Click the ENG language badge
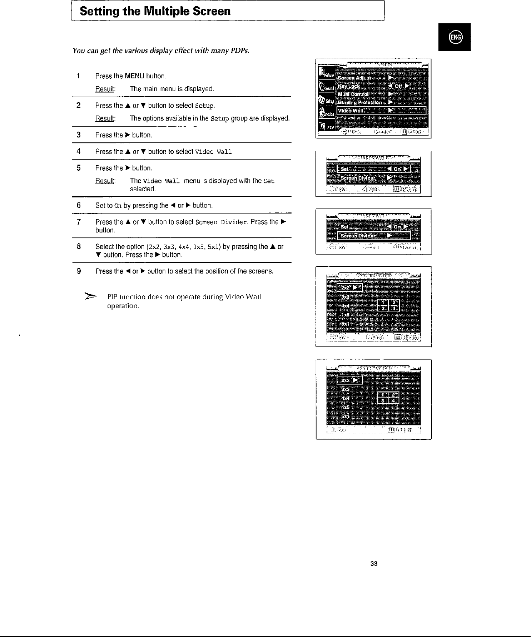(x=455, y=37)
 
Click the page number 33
(x=374, y=564)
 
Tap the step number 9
(x=79, y=271)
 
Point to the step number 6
(x=79, y=205)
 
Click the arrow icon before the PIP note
(x=90, y=297)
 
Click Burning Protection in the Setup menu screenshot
(x=360, y=102)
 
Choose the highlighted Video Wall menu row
(x=381, y=110)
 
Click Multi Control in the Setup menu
(x=353, y=94)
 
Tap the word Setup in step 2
(x=204, y=106)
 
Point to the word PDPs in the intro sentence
(x=240, y=51)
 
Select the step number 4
(x=79, y=151)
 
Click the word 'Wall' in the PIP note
(x=253, y=297)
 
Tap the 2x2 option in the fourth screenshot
(x=346, y=288)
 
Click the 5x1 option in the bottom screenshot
(x=345, y=416)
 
